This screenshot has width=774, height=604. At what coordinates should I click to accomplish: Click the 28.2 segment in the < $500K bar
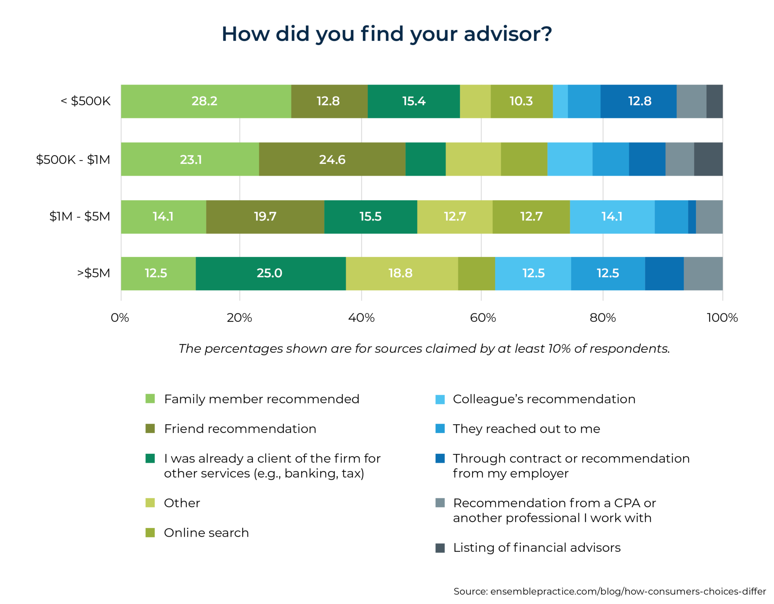tap(206, 101)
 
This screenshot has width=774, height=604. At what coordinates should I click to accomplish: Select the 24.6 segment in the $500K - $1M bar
tap(332, 159)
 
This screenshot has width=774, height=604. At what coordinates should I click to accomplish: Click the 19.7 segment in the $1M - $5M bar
tap(265, 216)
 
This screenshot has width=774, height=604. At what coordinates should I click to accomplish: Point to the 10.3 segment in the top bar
tap(521, 101)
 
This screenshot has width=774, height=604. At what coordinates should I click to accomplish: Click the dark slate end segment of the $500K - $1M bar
tap(708, 159)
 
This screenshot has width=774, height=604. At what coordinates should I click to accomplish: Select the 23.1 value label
tap(191, 160)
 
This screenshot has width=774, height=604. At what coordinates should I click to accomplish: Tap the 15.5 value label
tap(370, 216)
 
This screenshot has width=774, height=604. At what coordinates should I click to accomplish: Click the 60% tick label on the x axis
tap(483, 318)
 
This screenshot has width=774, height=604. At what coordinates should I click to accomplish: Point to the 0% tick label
tap(120, 318)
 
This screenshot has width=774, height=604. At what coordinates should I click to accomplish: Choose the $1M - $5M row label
tap(80, 216)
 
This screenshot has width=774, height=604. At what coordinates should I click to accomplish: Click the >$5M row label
tap(93, 273)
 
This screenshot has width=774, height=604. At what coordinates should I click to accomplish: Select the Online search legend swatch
tap(150, 533)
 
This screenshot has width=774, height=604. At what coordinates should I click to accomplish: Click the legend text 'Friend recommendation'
tap(240, 429)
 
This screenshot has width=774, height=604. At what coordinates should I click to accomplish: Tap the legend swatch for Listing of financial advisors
tap(440, 548)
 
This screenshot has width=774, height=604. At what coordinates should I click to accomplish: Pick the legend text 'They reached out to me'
tap(526, 429)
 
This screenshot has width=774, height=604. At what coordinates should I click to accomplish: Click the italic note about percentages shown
tap(424, 348)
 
